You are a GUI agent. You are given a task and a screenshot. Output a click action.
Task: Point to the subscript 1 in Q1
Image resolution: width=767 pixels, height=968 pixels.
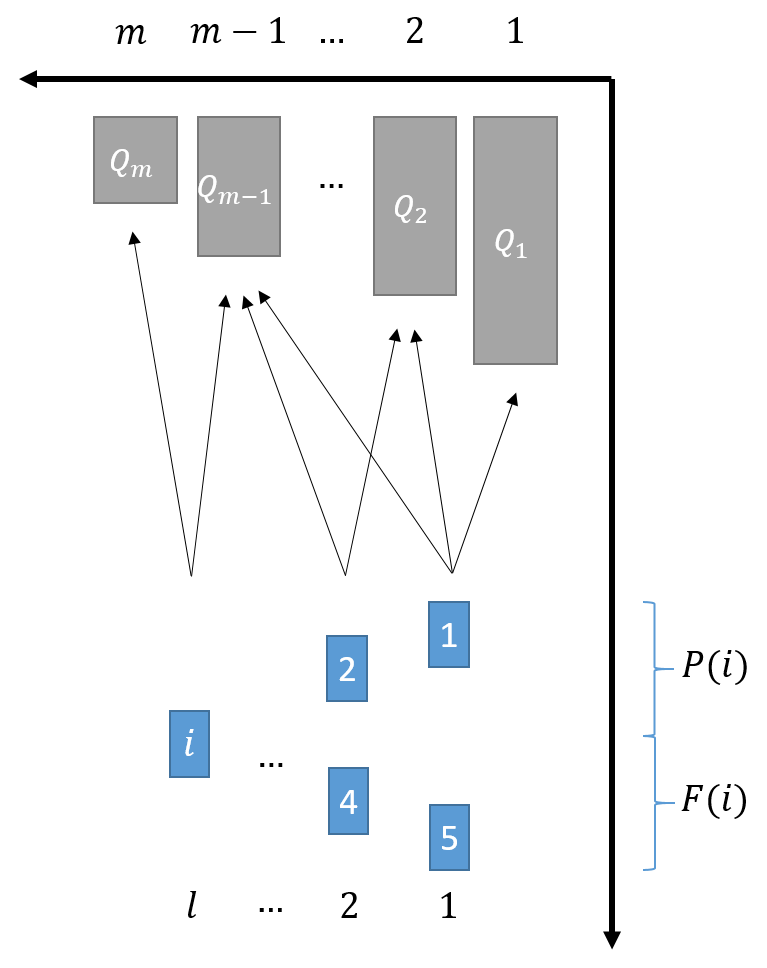point(521,250)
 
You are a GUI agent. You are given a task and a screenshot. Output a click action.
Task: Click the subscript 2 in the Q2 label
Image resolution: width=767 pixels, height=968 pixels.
point(421,215)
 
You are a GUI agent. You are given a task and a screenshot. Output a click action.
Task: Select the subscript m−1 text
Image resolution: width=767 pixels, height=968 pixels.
point(246,197)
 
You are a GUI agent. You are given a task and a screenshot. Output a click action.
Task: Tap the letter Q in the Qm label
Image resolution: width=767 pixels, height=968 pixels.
point(120,160)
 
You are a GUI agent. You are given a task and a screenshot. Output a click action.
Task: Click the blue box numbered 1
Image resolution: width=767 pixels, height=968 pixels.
point(449,634)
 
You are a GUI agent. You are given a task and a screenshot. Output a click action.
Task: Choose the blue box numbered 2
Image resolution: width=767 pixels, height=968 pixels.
point(347,668)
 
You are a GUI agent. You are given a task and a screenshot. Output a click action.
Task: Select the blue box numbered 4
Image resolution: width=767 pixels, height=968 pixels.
point(348,801)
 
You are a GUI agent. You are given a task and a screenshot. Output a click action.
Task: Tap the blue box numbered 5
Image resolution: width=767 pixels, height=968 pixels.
point(449,837)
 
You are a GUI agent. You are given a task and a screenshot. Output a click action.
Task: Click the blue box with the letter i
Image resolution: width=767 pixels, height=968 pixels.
point(189,744)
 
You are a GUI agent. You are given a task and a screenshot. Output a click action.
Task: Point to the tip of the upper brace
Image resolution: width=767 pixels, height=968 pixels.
point(670,669)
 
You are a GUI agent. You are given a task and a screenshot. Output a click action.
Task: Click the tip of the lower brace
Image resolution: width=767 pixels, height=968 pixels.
point(671,803)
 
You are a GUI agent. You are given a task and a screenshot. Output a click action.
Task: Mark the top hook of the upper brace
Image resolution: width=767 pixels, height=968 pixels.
point(647,603)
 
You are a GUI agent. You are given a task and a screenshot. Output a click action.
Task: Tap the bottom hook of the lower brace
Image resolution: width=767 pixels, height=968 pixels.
point(647,869)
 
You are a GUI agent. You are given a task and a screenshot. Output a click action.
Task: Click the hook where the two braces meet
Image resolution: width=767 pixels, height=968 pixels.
point(647,736)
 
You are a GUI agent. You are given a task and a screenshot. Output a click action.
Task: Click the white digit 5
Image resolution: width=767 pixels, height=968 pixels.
point(449,838)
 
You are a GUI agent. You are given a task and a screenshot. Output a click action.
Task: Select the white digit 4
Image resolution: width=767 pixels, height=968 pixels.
point(348,802)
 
